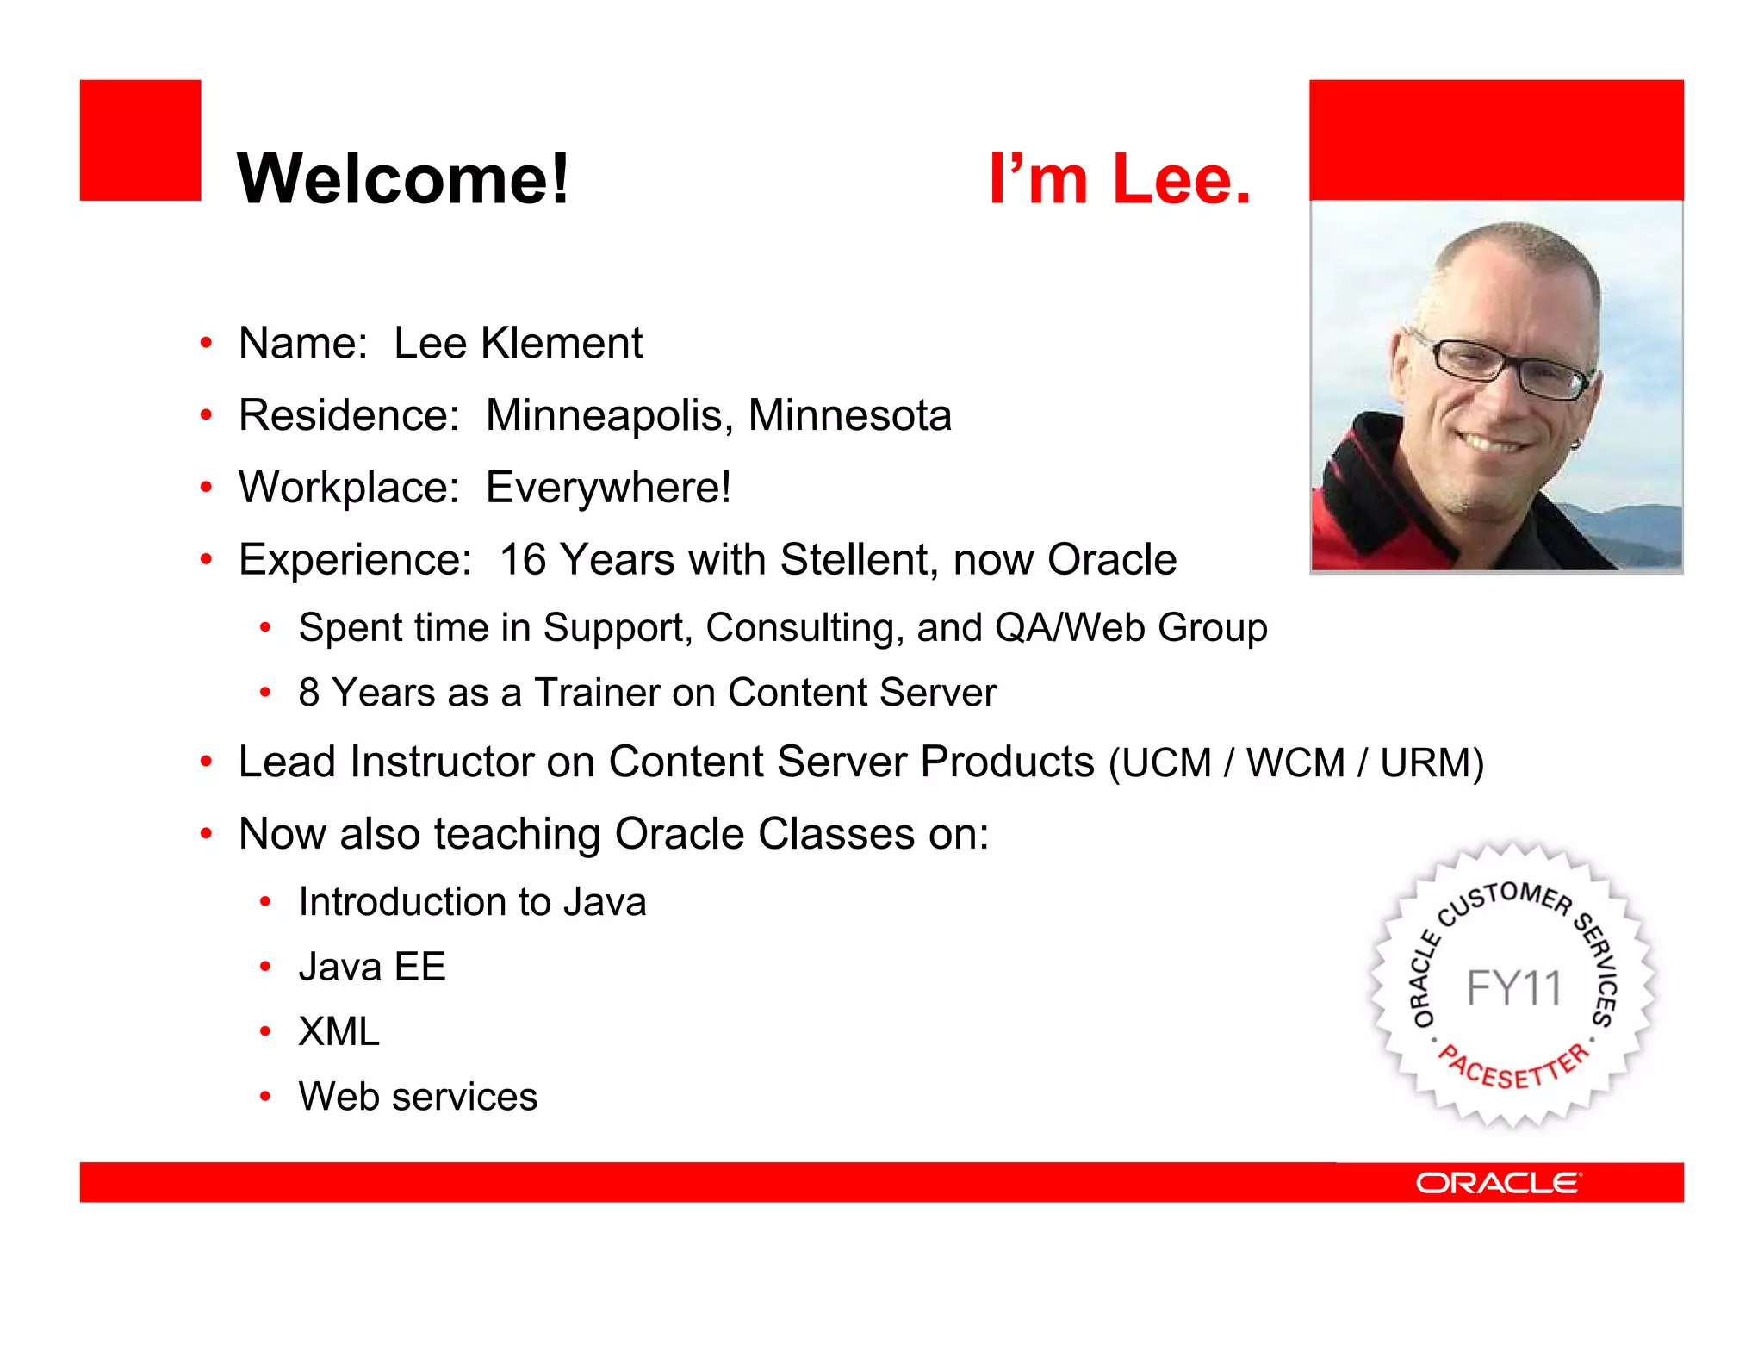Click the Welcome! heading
pos(403,179)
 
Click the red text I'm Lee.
pos(1119,179)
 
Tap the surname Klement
pos(561,344)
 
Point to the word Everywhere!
pos(608,488)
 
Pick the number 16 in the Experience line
pos(523,560)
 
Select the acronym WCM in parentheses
pos(1295,763)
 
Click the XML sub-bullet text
pos(339,1032)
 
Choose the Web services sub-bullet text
pos(418,1098)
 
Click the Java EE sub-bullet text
pos(372,968)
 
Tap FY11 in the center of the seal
pos(1513,988)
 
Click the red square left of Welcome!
pos(140,140)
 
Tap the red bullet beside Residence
pos(206,416)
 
